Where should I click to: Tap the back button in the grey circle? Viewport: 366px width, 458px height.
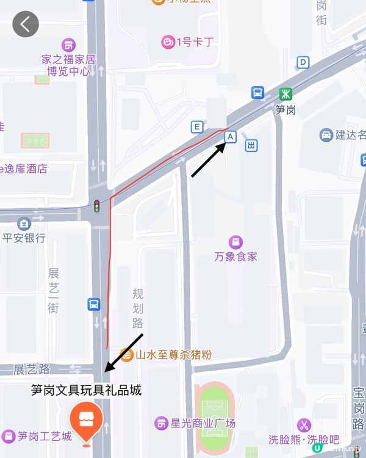tap(26, 24)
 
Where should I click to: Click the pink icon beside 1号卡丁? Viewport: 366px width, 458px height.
tap(167, 42)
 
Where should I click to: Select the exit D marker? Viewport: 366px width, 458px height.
tap(303, 62)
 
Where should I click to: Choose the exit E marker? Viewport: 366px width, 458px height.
tap(196, 127)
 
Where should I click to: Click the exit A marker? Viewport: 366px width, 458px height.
tap(230, 137)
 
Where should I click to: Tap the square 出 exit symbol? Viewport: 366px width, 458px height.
tap(251, 145)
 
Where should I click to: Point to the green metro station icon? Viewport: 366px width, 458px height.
tap(285, 93)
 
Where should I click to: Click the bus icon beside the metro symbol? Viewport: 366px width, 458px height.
tap(258, 93)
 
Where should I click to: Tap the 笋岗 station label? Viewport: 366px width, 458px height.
tap(285, 110)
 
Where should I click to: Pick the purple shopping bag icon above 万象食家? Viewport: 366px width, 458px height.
tap(235, 242)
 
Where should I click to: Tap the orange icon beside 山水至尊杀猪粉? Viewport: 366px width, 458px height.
tap(126, 354)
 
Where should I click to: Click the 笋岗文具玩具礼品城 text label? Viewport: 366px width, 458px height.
tap(86, 390)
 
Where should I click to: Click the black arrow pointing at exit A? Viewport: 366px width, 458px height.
tap(207, 161)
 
